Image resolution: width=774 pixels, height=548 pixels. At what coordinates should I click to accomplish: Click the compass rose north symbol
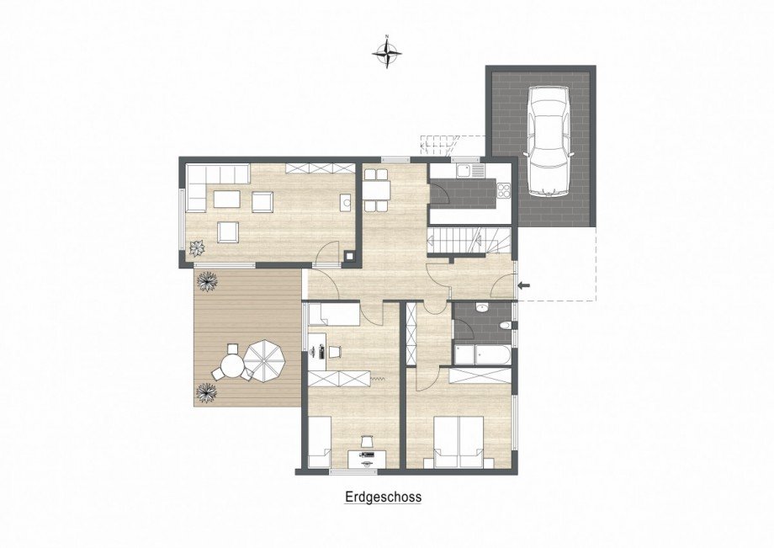tap(387, 52)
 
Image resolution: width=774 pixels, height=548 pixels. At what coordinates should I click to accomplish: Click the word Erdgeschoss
tap(383, 497)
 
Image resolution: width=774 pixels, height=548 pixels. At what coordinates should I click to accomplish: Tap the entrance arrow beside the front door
tap(524, 287)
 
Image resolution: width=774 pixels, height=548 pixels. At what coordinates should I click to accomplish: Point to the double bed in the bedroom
tap(459, 443)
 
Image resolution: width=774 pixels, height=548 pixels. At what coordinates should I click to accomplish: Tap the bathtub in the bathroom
tap(482, 354)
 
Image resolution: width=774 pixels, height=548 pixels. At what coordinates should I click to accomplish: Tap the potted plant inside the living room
tap(198, 247)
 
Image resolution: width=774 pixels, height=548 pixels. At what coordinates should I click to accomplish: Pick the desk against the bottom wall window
tap(368, 459)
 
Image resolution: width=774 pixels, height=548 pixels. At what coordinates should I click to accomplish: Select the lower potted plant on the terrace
tap(205, 391)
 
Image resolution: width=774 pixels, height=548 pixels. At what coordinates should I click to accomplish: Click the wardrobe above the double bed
tap(480, 376)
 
